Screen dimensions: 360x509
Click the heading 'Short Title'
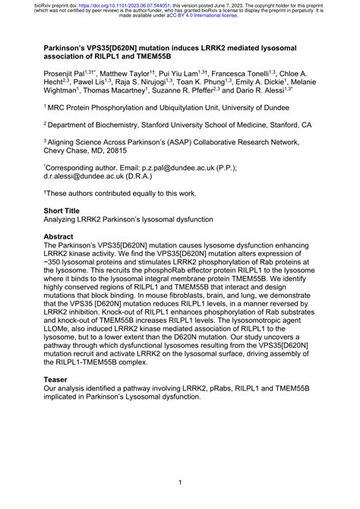66,209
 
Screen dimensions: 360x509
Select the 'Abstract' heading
63,237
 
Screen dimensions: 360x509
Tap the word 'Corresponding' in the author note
76,167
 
